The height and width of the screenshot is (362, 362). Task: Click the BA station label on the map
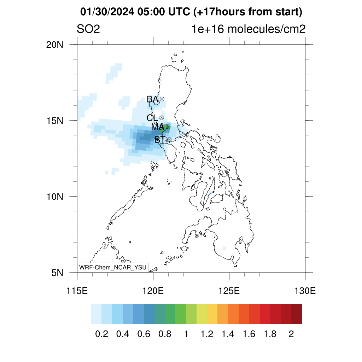click(x=153, y=99)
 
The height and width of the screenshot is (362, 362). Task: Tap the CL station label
click(x=152, y=118)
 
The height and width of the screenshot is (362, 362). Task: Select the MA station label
click(x=158, y=127)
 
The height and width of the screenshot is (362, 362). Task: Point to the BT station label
click(x=160, y=139)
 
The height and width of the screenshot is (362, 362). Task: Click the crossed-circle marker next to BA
click(x=162, y=99)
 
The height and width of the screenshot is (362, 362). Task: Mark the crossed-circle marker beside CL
click(x=161, y=118)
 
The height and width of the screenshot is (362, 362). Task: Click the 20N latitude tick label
click(x=55, y=45)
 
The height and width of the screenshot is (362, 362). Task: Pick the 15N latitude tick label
click(x=55, y=121)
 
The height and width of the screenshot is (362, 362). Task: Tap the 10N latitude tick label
click(x=55, y=197)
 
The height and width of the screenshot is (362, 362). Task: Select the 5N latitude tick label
click(x=57, y=273)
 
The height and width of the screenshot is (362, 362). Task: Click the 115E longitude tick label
click(x=77, y=291)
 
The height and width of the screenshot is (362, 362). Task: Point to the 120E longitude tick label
click(x=153, y=291)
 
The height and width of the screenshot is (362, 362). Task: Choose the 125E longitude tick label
click(x=229, y=291)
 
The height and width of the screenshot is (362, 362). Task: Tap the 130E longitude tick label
click(x=305, y=291)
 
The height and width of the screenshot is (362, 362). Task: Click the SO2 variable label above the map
click(x=88, y=29)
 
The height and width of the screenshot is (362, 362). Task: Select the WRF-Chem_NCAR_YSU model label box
click(x=113, y=267)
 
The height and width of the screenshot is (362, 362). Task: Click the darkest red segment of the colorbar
click(x=297, y=314)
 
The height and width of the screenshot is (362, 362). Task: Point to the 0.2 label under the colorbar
click(x=101, y=334)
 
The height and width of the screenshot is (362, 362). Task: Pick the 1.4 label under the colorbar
click(x=228, y=334)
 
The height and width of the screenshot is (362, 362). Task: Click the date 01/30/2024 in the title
click(x=107, y=12)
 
